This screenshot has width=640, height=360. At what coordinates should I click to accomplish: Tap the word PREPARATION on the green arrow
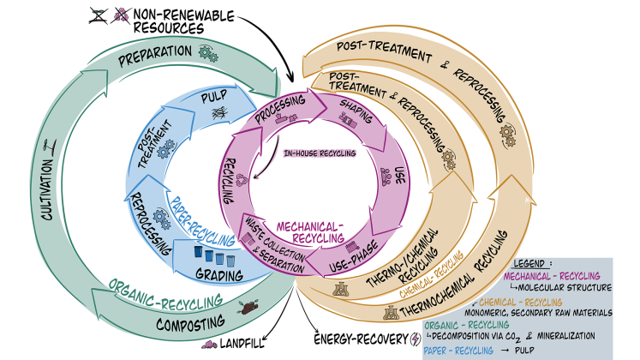pos(153,52)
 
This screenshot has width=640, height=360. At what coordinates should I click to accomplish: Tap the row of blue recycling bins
pos(217,256)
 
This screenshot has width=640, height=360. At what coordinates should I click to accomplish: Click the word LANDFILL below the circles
pos(247,344)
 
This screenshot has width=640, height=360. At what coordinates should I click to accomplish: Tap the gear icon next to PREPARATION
pos(206,53)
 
